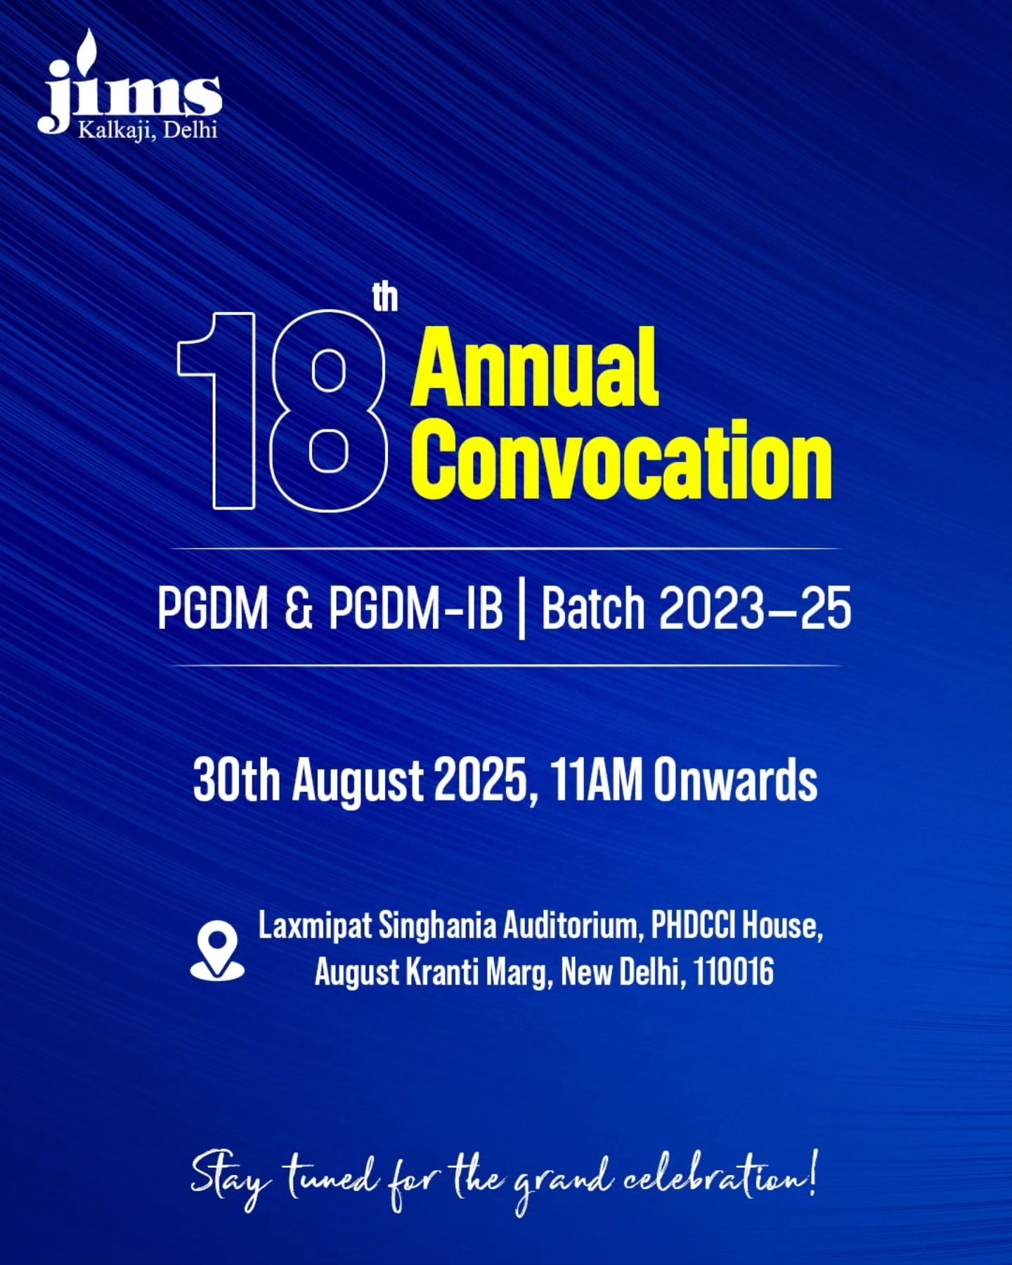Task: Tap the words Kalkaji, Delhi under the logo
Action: click(x=148, y=130)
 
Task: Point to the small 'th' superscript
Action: click(x=385, y=297)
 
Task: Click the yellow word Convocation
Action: click(x=623, y=460)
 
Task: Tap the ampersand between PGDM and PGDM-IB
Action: click(x=299, y=608)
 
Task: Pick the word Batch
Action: click(x=592, y=608)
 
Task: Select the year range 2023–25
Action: click(x=755, y=608)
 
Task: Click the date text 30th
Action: click(x=236, y=779)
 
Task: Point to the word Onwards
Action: click(x=735, y=779)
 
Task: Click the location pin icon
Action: click(x=217, y=951)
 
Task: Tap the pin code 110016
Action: click(x=733, y=973)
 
